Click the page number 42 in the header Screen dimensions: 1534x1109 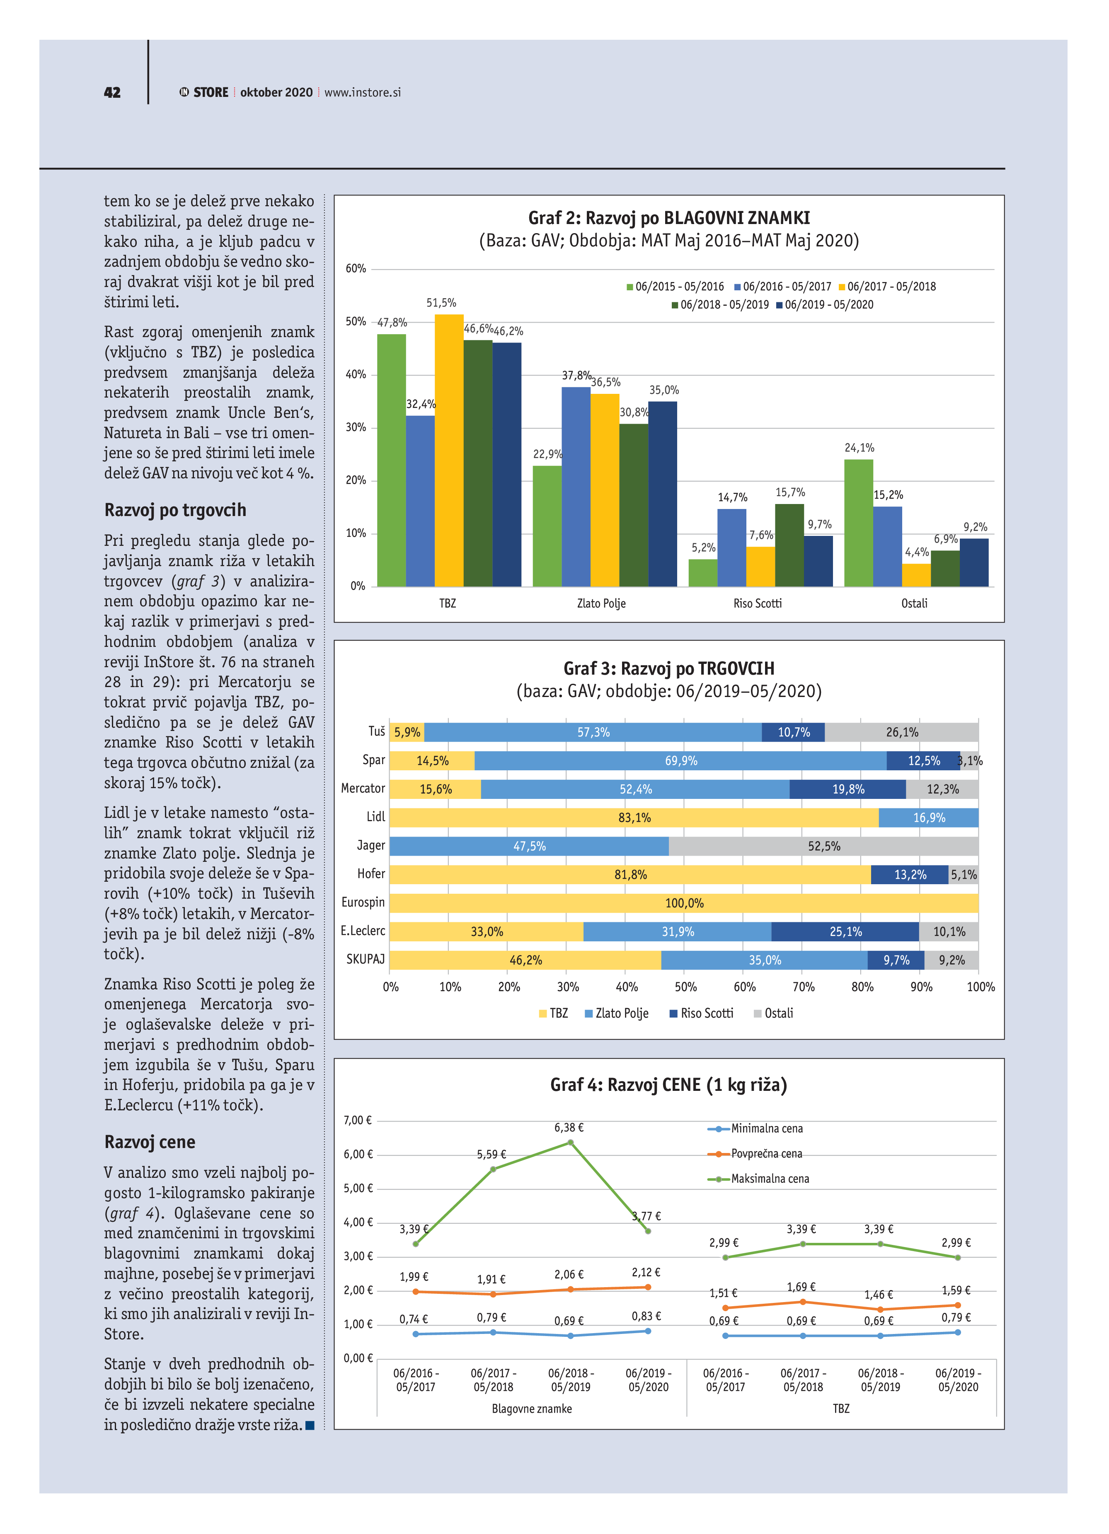click(x=112, y=93)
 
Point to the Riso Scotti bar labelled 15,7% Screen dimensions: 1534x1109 click(x=789, y=545)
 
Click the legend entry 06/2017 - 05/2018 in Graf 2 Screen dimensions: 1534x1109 click(x=886, y=287)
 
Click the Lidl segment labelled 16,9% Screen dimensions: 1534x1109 click(x=928, y=818)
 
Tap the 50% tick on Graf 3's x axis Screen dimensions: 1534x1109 click(x=685, y=987)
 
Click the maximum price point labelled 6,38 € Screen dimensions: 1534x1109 click(x=570, y=1142)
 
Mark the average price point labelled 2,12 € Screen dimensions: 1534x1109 click(x=647, y=1287)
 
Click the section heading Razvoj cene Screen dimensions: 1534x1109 click(x=150, y=1142)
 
